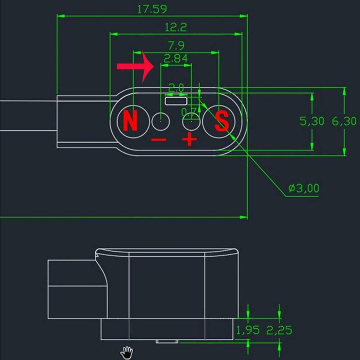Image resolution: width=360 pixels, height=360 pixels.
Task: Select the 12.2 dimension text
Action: point(176,27)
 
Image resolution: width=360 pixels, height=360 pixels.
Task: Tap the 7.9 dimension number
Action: point(176,45)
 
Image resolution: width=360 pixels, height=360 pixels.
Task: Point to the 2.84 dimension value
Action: point(176,58)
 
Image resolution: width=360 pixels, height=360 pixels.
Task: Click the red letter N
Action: point(130,121)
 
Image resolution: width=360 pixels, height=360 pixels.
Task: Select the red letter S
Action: point(222,121)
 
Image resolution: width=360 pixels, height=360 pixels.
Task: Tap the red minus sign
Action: point(158,140)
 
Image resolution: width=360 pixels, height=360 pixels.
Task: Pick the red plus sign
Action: point(189,140)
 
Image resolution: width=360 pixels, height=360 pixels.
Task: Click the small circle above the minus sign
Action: point(161,122)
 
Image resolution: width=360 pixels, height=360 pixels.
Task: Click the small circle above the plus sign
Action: point(191,122)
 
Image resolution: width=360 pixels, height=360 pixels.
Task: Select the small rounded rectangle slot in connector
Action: point(176,100)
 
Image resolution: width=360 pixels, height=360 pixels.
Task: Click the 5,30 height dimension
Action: point(312,121)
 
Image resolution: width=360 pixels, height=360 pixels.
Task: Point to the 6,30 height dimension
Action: point(344,121)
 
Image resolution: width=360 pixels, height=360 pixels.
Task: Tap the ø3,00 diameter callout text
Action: point(303,188)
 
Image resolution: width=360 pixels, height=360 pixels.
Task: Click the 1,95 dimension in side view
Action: point(248,330)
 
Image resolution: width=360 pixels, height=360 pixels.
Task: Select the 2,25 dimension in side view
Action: point(279,330)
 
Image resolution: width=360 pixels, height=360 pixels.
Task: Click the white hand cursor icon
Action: point(127,352)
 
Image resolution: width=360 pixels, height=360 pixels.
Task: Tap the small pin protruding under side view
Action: point(167,341)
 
